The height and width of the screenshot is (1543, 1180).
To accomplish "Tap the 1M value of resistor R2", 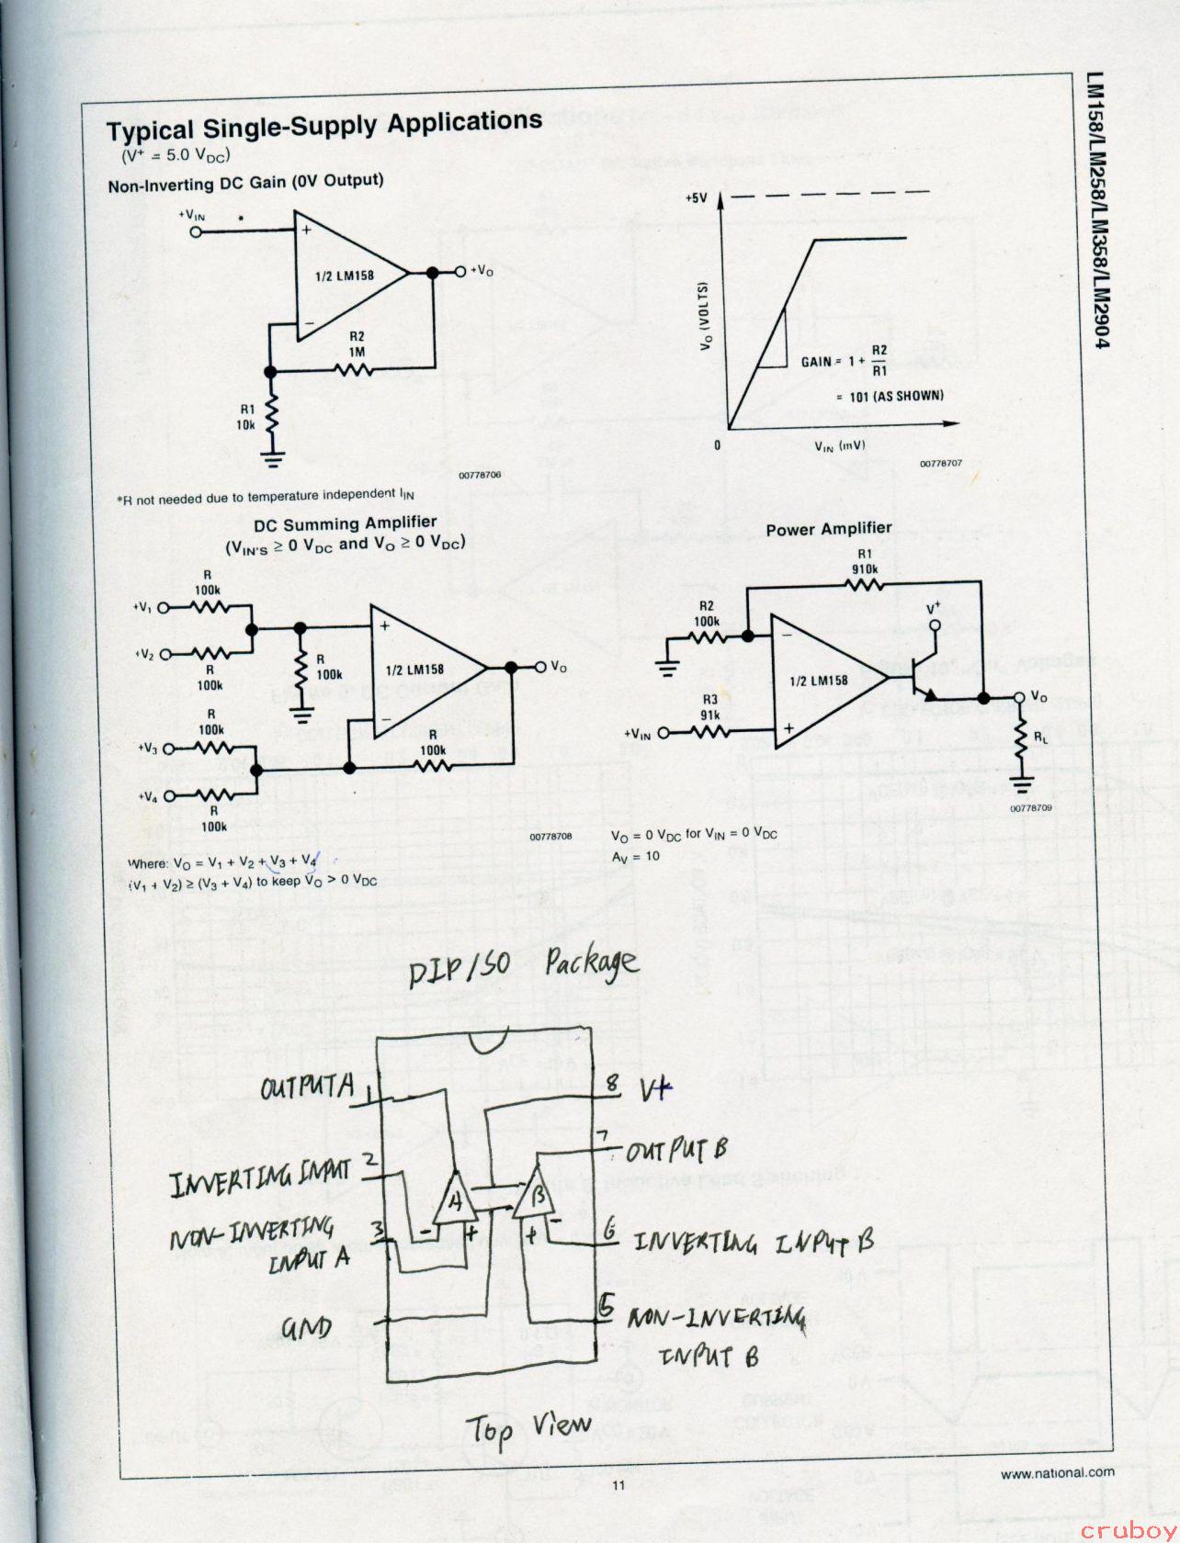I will click(357, 352).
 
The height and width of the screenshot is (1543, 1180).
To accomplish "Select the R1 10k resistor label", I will click(245, 418).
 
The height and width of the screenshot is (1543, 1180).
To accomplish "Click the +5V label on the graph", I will click(697, 197).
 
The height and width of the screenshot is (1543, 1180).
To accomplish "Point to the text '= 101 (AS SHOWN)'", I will click(890, 396).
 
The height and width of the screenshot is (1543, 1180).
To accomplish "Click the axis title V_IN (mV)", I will click(839, 445).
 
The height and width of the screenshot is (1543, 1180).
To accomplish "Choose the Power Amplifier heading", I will click(828, 529).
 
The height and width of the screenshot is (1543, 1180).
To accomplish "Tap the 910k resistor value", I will click(865, 569).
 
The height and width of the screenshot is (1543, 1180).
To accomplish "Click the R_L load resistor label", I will click(1039, 736).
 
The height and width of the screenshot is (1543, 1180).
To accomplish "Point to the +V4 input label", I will click(148, 797).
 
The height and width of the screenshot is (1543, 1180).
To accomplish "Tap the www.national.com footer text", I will click(1057, 1471).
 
